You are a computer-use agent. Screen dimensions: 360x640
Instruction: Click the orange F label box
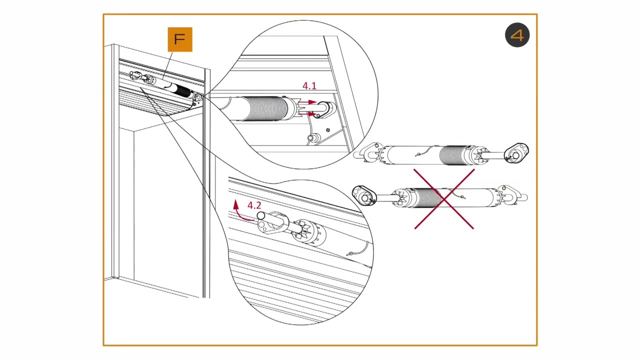(x=180, y=39)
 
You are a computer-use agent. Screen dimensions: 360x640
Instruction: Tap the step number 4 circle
(x=517, y=35)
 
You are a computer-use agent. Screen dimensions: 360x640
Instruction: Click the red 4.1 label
(x=309, y=86)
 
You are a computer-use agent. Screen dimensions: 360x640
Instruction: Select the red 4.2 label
(x=254, y=205)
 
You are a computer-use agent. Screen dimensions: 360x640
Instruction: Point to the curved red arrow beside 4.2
(x=239, y=211)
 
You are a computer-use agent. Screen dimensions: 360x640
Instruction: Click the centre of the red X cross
(x=444, y=199)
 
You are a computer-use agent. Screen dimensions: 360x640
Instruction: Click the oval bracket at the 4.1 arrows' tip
(x=324, y=109)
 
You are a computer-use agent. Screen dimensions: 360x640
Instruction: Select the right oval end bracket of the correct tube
(x=516, y=153)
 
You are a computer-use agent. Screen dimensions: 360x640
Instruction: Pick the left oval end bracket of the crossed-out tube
(x=363, y=195)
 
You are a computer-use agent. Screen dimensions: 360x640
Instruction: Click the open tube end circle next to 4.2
(x=260, y=216)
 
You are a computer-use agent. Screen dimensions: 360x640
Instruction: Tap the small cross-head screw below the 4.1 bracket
(x=328, y=130)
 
